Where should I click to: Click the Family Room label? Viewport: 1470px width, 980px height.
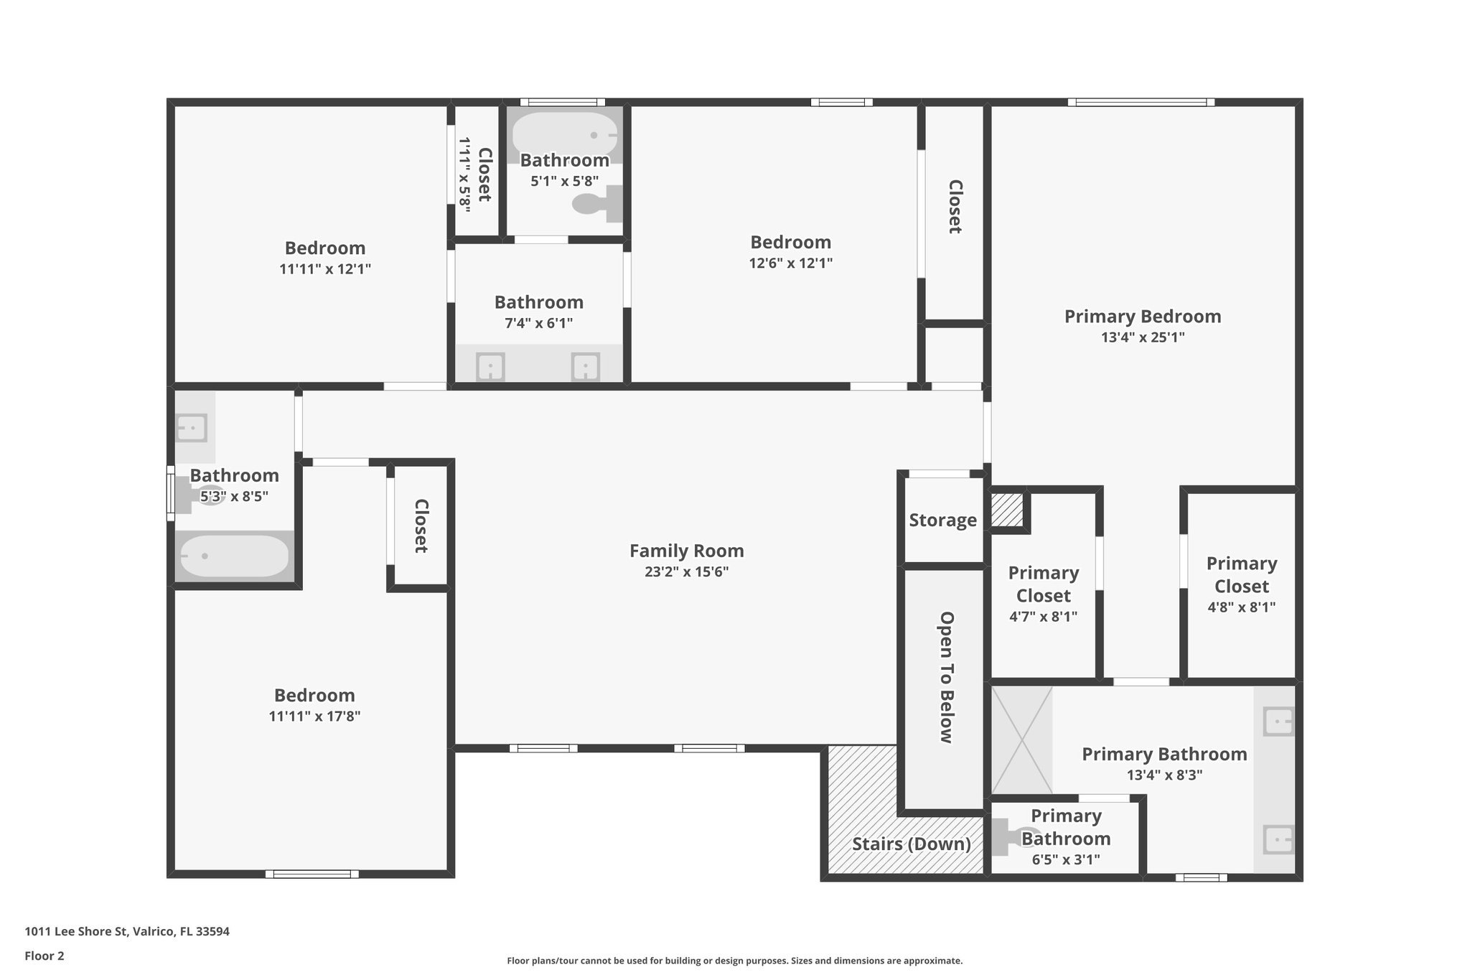click(687, 551)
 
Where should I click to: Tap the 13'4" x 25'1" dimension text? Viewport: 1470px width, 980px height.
click(1143, 337)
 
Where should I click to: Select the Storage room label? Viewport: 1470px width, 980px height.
click(943, 521)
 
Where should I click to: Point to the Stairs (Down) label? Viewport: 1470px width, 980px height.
click(912, 844)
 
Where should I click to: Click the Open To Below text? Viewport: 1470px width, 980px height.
click(947, 678)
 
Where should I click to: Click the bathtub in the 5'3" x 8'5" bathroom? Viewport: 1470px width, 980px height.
click(234, 556)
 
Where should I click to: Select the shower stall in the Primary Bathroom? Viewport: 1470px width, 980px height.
click(1022, 740)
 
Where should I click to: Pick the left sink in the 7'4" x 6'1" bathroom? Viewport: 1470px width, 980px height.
click(490, 367)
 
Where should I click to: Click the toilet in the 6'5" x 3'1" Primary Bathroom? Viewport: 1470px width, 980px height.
click(1012, 838)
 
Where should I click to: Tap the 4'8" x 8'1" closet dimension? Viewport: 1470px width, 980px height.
click(1242, 607)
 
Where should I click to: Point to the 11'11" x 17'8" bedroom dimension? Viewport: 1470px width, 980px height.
click(315, 716)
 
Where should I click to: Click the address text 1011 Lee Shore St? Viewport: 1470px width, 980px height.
click(76, 931)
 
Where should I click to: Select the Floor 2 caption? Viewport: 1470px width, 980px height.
click(45, 956)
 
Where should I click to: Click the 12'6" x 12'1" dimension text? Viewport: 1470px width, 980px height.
click(791, 263)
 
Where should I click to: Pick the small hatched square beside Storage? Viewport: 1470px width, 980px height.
click(1007, 510)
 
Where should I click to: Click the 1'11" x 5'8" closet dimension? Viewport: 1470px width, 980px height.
click(465, 175)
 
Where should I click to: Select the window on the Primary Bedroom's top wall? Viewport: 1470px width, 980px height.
click(1141, 102)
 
